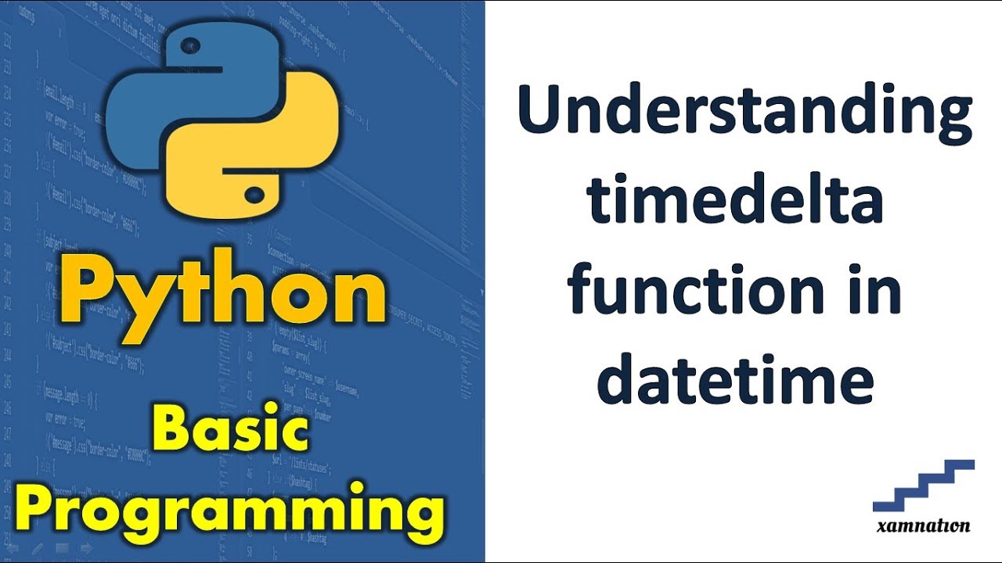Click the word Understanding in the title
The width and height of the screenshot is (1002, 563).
[x=744, y=113]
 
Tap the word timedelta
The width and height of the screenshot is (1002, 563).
[x=735, y=202]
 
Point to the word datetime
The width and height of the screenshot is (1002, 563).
[x=735, y=378]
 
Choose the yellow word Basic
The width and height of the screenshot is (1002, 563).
[x=230, y=432]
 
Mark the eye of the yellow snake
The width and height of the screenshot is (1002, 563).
[x=254, y=191]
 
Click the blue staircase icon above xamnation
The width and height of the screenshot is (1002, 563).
[x=924, y=485]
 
